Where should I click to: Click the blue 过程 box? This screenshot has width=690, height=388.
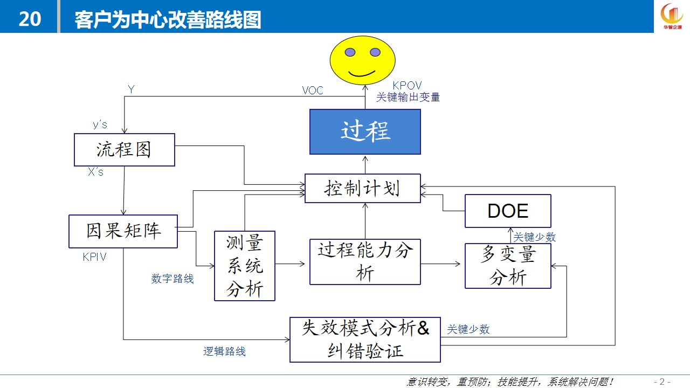(365, 132)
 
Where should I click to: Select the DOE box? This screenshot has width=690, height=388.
(508, 211)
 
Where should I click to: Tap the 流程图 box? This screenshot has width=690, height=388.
(125, 150)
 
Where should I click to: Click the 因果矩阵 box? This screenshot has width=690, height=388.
(123, 231)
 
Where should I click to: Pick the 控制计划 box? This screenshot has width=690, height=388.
(363, 188)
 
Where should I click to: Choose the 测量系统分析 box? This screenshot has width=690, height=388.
(245, 266)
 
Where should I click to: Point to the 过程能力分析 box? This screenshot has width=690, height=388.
(365, 262)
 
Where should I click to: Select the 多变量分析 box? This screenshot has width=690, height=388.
(508, 266)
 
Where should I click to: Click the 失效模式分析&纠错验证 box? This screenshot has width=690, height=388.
(365, 339)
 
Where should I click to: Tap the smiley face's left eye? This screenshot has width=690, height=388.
(350, 52)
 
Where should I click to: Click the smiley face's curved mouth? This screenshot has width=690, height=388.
(362, 74)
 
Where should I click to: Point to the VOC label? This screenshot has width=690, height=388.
(313, 91)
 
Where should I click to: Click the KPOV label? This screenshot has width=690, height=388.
(407, 85)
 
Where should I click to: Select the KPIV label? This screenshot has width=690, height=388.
(94, 257)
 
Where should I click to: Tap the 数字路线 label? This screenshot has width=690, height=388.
(172, 279)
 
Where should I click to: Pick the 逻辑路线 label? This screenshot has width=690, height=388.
(224, 351)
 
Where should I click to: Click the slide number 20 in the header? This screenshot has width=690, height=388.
(30, 19)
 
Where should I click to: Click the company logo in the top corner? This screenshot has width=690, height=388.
(672, 16)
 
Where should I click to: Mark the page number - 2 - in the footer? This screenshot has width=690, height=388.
(662, 382)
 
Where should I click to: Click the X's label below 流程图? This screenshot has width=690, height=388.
(95, 172)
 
